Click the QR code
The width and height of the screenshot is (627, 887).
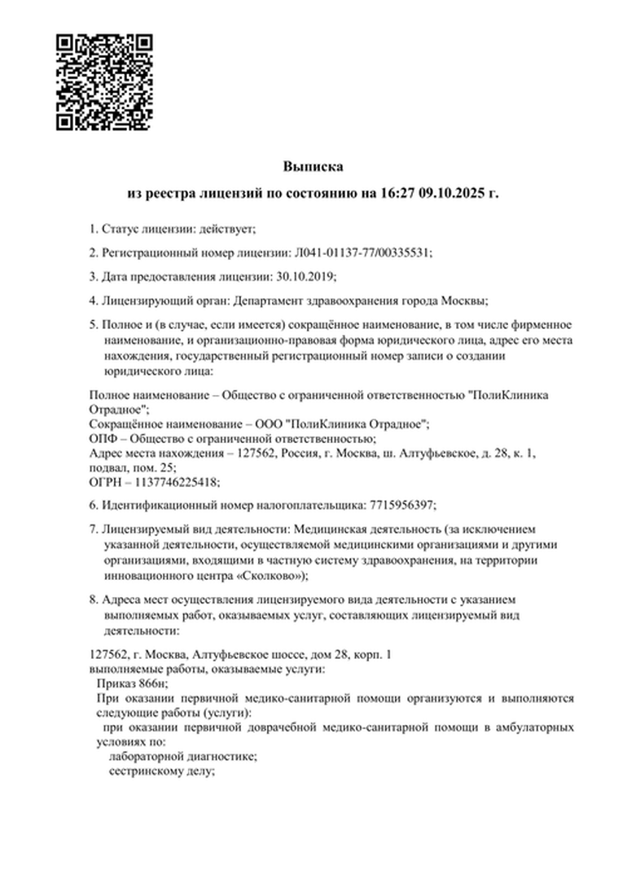pos(104,82)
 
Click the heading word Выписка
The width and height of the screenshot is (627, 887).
pos(313,166)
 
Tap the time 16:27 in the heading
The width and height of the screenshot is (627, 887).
pos(395,194)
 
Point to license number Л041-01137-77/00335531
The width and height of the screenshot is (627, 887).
pos(361,252)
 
